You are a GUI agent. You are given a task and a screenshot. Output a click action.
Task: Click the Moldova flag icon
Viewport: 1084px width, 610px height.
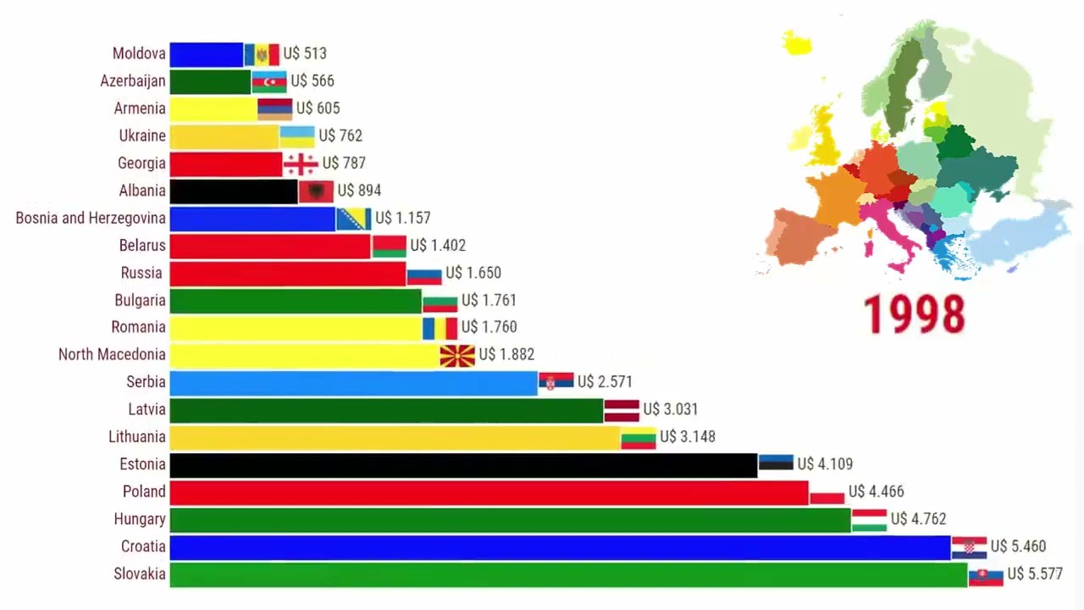pos(262,54)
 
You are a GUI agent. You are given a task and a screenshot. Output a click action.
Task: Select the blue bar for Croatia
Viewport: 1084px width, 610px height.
pos(559,546)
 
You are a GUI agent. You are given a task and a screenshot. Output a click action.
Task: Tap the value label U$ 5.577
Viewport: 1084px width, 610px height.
pos(1034,574)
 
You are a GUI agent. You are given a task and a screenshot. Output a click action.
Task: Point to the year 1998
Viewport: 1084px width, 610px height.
pos(914,313)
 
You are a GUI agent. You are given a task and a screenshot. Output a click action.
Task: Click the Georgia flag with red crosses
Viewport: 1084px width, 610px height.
pos(301,164)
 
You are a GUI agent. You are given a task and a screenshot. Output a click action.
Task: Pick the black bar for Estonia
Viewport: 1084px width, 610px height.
pos(463,465)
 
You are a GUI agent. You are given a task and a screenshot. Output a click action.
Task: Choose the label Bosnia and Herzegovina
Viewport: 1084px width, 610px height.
pos(91,218)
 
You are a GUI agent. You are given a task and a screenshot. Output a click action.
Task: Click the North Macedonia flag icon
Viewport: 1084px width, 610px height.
pos(457,355)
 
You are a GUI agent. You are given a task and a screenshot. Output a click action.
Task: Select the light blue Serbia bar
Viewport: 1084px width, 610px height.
pos(353,383)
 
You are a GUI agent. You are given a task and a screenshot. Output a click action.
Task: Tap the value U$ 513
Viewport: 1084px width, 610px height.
pos(305,53)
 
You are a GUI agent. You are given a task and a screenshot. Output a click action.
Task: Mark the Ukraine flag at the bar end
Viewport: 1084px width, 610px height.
pos(297,136)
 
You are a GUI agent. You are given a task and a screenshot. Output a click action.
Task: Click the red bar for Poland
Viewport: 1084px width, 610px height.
pos(489,492)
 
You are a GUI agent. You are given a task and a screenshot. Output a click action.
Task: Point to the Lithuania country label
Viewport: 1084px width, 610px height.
pos(137,436)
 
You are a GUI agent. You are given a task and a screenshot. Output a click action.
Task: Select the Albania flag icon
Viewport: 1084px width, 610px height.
pos(316,191)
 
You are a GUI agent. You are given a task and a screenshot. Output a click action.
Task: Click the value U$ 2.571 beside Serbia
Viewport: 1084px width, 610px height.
pos(605,382)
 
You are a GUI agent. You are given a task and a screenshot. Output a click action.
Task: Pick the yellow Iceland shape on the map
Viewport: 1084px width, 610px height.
pos(797,42)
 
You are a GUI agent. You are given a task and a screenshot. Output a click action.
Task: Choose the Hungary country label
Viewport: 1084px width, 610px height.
pos(140,518)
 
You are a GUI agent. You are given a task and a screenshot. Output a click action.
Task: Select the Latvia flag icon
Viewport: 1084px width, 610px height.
pos(622,410)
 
